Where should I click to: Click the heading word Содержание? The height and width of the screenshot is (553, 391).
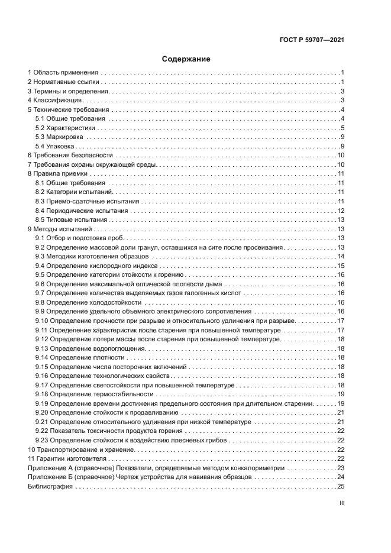tap(186, 59)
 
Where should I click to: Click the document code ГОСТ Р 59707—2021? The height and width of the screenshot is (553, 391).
tap(312, 40)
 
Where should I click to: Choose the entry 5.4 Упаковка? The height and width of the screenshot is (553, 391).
tap(54, 146)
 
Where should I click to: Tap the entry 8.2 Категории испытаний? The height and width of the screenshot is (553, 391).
tap(73, 192)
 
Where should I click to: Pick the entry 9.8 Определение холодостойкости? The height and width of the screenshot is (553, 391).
tap(89, 302)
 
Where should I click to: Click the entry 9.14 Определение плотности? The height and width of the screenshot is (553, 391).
tap(80, 357)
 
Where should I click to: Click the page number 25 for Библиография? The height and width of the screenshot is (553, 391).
tap(341, 486)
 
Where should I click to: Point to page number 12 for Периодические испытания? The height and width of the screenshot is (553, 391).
tap(341, 211)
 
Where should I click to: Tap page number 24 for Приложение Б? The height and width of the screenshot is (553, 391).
tap(341, 477)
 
